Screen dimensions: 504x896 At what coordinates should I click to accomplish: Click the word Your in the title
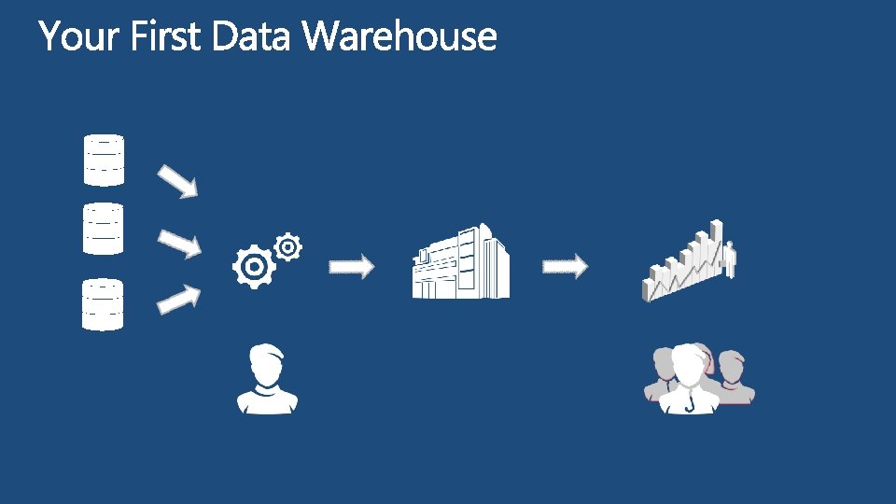80,37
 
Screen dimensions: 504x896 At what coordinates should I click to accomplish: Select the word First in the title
167,37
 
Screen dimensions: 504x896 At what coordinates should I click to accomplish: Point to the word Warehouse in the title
400,37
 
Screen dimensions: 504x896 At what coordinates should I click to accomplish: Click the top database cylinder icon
104,161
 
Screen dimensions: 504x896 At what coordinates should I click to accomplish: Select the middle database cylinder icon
104,229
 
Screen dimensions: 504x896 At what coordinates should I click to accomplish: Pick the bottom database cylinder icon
104,304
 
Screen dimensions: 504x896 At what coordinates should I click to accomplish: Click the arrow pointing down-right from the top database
177,181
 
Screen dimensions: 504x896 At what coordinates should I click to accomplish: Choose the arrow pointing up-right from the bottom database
179,299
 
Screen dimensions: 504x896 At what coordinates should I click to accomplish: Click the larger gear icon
253,267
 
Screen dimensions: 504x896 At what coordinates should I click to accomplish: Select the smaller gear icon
288,246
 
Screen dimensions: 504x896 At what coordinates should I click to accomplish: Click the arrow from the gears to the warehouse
351,267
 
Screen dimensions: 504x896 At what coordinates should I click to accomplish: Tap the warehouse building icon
461,262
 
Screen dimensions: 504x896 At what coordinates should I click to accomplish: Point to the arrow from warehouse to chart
566,267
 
